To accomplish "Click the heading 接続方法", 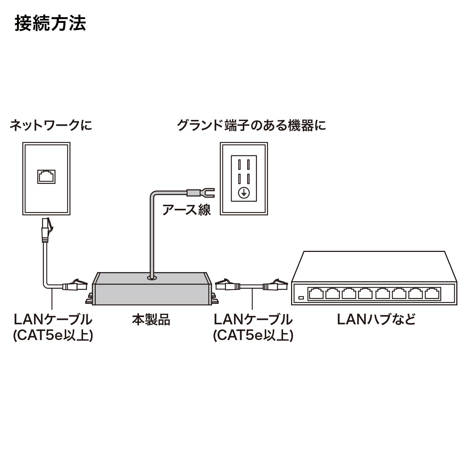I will tap(50, 23).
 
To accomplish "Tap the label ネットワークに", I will tap(50, 125).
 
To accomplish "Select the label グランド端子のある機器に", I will tap(251, 125).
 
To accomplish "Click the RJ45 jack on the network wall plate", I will tap(46, 176).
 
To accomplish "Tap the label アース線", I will tap(186, 210).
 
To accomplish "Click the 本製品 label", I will tap(151, 320).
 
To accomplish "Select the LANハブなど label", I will tap(376, 320).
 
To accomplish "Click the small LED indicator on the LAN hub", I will tap(301, 298).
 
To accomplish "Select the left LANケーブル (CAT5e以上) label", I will tap(53, 327).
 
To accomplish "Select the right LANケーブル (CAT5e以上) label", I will tap(253, 327).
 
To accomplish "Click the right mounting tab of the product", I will tap(214, 298).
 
